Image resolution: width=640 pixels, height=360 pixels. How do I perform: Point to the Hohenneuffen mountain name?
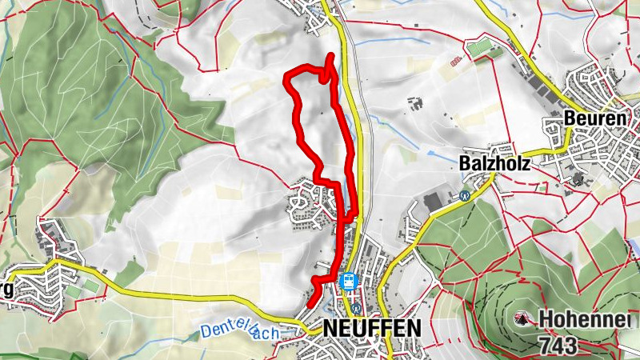click(584, 319)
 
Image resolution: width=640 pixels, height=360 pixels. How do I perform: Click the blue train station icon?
click(348, 281)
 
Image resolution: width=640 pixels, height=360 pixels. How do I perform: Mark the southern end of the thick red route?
click(310, 303)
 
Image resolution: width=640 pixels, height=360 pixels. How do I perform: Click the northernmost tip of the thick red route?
click(332, 55)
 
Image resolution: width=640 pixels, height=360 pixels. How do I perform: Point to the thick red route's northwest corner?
click(288, 76)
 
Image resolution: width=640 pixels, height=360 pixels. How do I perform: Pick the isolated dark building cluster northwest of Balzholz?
click(414, 102)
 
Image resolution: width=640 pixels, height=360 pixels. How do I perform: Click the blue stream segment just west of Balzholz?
click(436, 150)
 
